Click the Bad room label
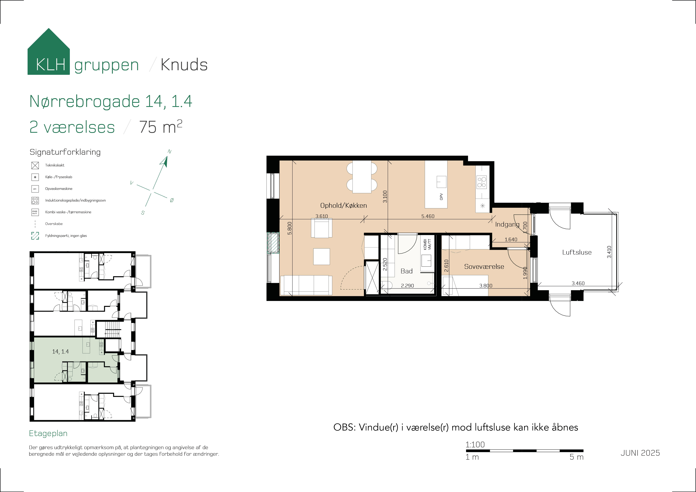click(407, 271)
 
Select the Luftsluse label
click(577, 252)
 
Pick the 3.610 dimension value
click(321, 216)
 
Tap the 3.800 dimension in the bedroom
click(486, 285)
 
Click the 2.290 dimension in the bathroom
click(407, 285)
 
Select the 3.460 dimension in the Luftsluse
click(578, 283)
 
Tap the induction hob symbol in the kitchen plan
click(481, 182)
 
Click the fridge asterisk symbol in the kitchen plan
click(482, 206)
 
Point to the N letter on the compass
click(169, 152)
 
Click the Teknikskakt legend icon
click(35, 165)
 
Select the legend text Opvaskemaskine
click(59, 188)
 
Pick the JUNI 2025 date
click(640, 453)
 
